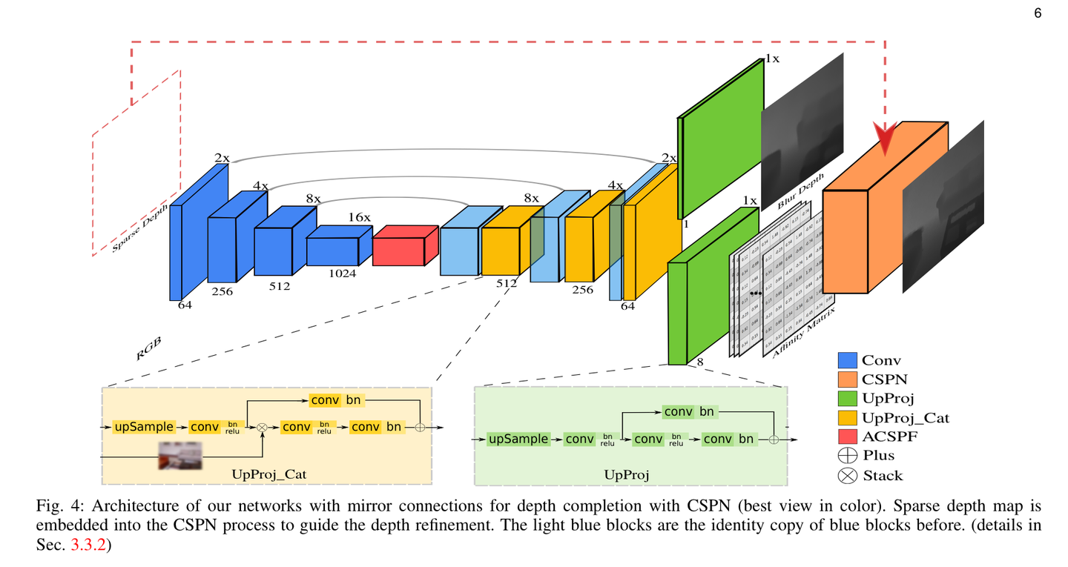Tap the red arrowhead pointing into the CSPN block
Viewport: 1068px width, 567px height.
click(885, 138)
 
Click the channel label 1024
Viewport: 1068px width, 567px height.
click(342, 273)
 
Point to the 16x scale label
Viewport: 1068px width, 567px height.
click(360, 217)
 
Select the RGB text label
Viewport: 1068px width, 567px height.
click(149, 348)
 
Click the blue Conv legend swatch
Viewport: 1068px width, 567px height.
click(847, 360)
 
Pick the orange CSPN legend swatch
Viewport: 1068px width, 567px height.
click(847, 379)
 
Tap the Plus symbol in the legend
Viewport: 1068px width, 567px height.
click(847, 456)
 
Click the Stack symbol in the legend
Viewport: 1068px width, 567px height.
click(847, 476)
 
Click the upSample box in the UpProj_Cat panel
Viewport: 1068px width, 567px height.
click(144, 427)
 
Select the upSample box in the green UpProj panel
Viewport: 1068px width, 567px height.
click(518, 439)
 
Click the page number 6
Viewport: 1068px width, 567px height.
click(1038, 13)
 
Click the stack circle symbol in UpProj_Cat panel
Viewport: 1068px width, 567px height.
click(262, 428)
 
